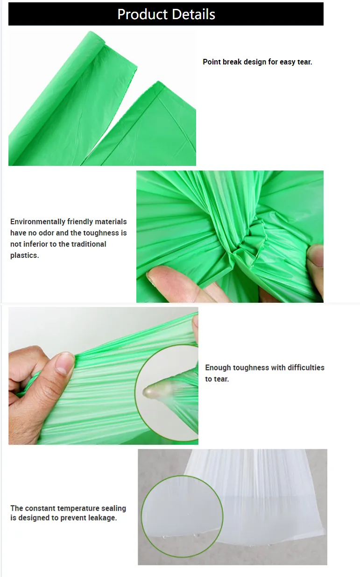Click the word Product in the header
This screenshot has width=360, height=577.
[140, 14]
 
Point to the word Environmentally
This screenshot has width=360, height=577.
[38, 222]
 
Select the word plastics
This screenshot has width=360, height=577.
[24, 256]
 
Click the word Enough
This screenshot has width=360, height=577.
[218, 368]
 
